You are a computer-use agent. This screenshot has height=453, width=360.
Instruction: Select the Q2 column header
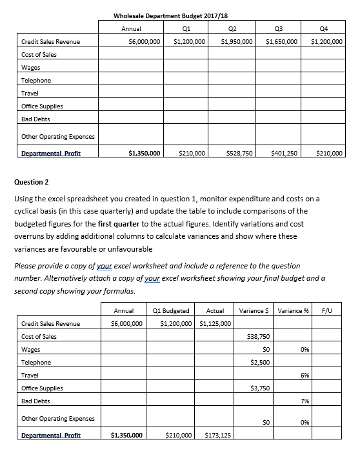click(234, 28)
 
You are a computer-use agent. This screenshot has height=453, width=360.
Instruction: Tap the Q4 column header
click(326, 28)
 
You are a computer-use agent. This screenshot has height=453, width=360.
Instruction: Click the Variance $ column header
click(254, 310)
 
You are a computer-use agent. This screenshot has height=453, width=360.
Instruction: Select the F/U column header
click(326, 310)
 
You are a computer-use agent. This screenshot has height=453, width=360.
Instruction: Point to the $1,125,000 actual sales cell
click(216, 323)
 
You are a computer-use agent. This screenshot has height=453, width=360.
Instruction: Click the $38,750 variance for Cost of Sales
click(258, 337)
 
